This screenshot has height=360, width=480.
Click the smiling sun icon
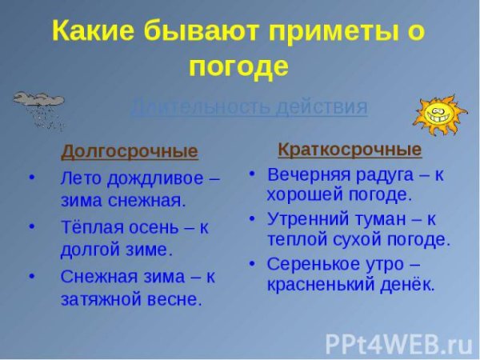pos(439,115)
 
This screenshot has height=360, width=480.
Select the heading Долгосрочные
pos(130,151)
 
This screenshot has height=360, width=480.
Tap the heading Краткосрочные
pos(350,150)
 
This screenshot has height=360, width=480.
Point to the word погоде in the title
pos(238,66)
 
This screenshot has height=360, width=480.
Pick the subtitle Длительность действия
pos(249,107)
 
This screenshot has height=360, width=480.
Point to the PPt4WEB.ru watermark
pos(398,343)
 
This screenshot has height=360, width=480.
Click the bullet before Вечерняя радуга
pos(252,174)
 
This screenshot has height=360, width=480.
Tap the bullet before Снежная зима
pos(31,276)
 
